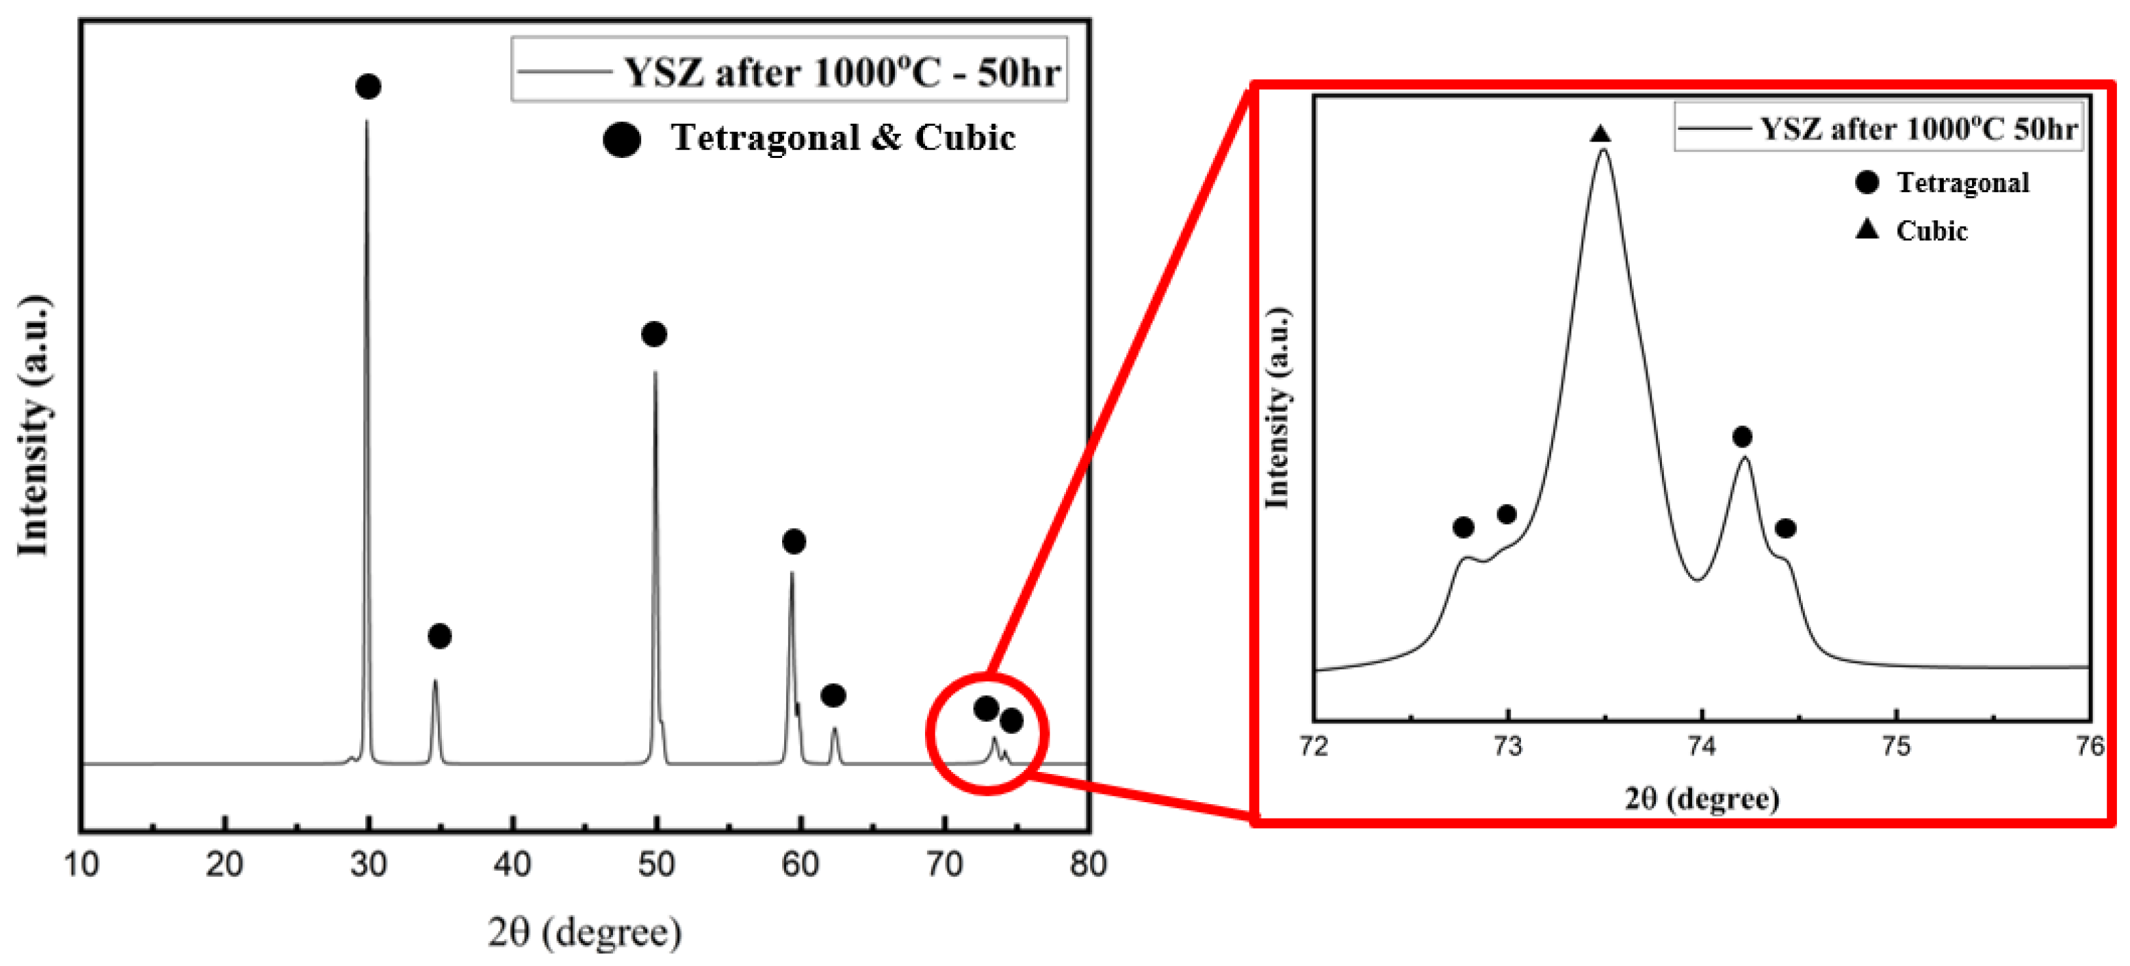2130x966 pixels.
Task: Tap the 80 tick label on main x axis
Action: [x=1088, y=864]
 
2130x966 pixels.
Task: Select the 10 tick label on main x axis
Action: [x=81, y=864]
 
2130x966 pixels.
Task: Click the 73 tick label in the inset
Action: [x=1507, y=746]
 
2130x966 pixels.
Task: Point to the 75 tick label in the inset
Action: [x=1896, y=746]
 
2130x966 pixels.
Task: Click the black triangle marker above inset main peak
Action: [x=1601, y=134]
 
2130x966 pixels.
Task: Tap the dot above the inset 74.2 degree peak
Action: [x=1742, y=436]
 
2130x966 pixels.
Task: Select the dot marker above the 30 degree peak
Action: [x=368, y=86]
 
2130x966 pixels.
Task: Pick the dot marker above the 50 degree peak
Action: [x=654, y=334]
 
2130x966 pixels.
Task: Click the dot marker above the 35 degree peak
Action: [x=440, y=636]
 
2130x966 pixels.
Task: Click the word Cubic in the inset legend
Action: [x=1931, y=231]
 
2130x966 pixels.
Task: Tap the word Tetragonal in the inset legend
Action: [x=1962, y=183]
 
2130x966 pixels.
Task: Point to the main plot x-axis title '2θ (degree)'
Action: [x=585, y=932]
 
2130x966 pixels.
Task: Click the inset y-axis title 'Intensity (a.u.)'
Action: [x=1278, y=408]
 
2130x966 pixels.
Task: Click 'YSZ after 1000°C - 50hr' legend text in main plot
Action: [x=841, y=73]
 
